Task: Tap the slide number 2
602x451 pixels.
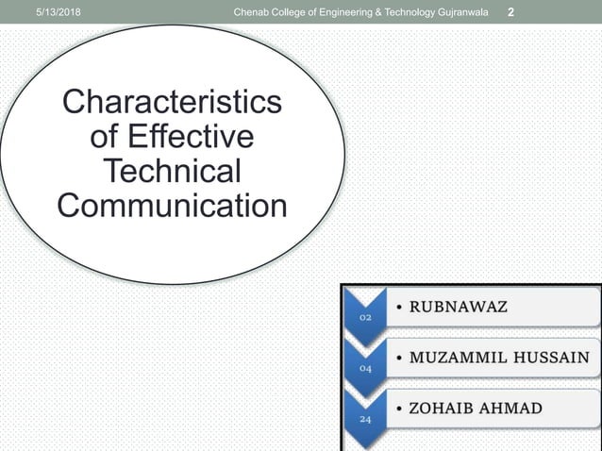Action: tap(510, 11)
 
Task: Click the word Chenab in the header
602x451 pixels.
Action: tap(255, 11)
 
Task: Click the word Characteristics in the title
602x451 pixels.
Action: tap(172, 103)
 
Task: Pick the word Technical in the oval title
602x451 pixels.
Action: tap(172, 171)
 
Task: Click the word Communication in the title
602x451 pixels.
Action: tap(172, 205)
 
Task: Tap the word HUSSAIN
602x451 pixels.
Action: tap(551, 358)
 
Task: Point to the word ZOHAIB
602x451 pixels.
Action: tap(441, 408)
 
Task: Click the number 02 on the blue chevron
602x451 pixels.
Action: tap(365, 318)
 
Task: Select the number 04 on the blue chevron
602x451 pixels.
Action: tap(365, 368)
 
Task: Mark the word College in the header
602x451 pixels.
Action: tap(293, 11)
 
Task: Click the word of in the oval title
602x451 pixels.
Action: tap(104, 137)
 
